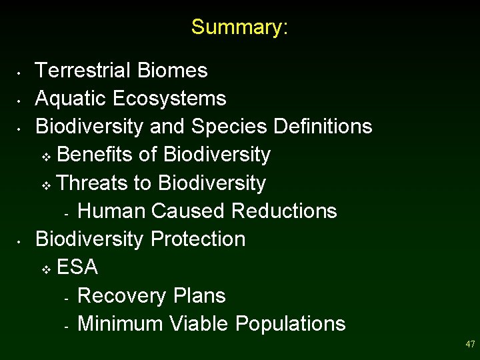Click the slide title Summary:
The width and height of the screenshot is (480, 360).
coord(239,27)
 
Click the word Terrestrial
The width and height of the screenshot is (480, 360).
coord(84,70)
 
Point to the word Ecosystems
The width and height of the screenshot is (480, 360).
coord(169,99)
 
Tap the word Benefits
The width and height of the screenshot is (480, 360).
coord(95,155)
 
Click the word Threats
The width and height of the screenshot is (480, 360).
coord(94,183)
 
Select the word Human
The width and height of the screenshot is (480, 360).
coord(111,211)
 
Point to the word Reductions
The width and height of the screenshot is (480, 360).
coord(284,211)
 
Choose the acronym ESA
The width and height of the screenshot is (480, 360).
coord(77,267)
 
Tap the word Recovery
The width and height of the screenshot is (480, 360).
coord(122,295)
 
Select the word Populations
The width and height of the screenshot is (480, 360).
coord(291,323)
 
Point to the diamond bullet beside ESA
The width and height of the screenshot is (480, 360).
coord(45,269)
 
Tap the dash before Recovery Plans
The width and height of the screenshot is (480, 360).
coord(67,298)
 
